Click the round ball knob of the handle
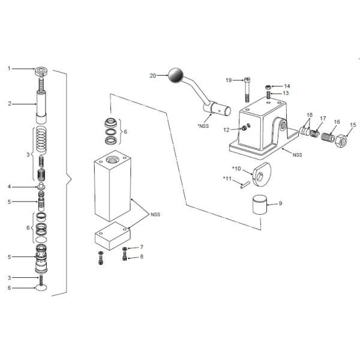[176, 75]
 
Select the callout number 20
[152, 76]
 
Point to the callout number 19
[229, 80]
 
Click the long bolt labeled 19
[247, 90]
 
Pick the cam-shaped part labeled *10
[262, 174]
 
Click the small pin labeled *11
[245, 185]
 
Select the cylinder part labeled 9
[260, 205]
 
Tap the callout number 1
[9, 68]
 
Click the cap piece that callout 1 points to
[41, 71]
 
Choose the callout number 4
[9, 187]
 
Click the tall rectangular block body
[113, 186]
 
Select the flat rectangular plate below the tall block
[113, 236]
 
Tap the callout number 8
[142, 256]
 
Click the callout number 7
[142, 247]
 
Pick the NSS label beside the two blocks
[155, 215]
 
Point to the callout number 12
[226, 130]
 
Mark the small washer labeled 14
[268, 87]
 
